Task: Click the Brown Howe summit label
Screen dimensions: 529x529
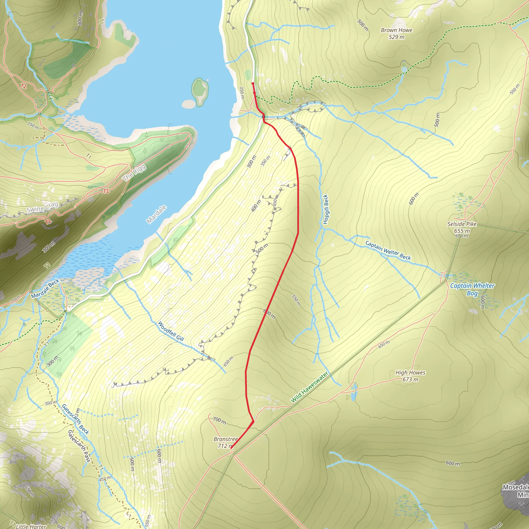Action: [396, 33]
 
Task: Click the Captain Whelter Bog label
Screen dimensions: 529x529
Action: [472, 289]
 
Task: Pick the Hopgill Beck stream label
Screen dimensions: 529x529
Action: [325, 209]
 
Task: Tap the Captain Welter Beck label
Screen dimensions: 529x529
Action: [388, 250]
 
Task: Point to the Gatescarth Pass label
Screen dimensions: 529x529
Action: [79, 446]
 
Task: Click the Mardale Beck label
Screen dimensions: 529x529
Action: [45, 289]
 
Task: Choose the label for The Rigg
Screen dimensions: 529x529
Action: [134, 173]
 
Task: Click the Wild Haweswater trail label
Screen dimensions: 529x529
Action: [309, 387]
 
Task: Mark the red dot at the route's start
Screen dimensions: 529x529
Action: [253, 83]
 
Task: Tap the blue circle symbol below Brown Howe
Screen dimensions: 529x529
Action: [404, 69]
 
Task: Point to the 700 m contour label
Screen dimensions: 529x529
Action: [219, 420]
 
